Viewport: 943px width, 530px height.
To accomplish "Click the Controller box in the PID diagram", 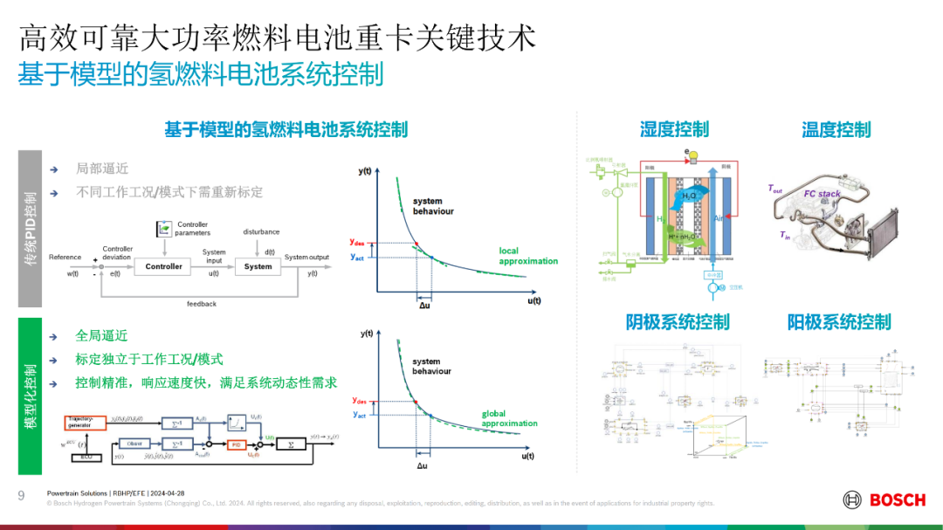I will click(x=163, y=266).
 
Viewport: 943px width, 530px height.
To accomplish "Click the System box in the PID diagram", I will click(x=258, y=266).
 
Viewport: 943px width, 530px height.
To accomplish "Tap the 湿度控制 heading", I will click(x=674, y=130).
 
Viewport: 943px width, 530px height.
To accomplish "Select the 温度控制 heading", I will click(x=836, y=130).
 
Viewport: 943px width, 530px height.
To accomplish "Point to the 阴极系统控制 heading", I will click(x=678, y=322).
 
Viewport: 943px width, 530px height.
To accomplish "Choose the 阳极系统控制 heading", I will click(x=839, y=322).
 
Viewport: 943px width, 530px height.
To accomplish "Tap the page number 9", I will click(x=21, y=495).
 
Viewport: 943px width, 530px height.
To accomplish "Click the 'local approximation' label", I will click(x=527, y=256).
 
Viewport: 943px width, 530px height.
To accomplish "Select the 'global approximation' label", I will click(x=509, y=418).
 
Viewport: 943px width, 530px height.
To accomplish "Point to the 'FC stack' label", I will click(x=822, y=194).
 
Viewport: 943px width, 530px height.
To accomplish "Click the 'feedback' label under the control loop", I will click(x=201, y=304).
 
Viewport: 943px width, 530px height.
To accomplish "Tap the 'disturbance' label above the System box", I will click(x=261, y=231).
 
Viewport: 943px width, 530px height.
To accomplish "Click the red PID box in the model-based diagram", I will click(x=236, y=444).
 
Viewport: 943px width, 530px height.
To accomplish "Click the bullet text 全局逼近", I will click(x=101, y=335).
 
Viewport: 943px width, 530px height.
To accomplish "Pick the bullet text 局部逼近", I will click(x=101, y=169).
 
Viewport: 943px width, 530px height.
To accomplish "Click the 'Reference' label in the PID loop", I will click(x=65, y=257).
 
